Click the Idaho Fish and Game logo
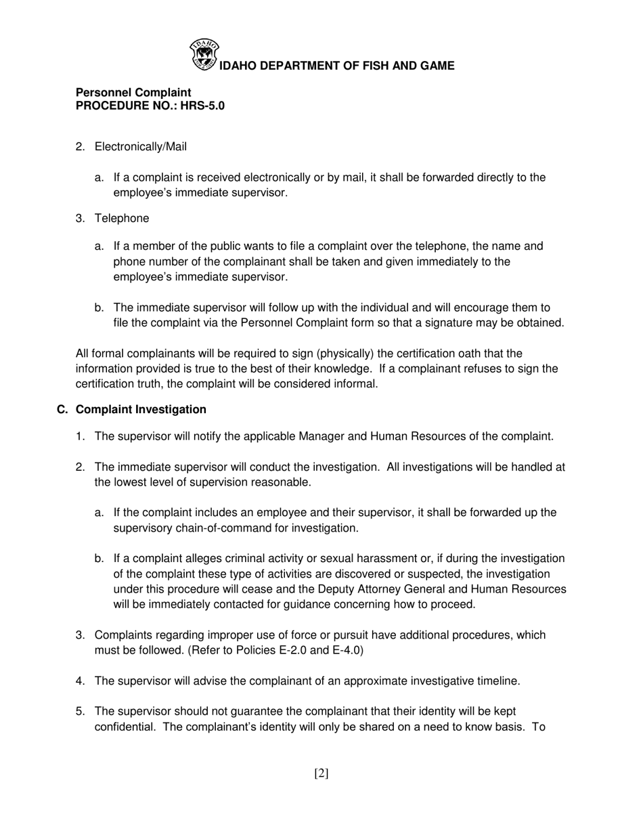(204, 55)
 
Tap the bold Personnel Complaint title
(133, 92)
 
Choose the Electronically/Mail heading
(141, 146)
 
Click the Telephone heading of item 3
(122, 218)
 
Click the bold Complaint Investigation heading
(141, 409)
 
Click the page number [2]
(321, 773)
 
